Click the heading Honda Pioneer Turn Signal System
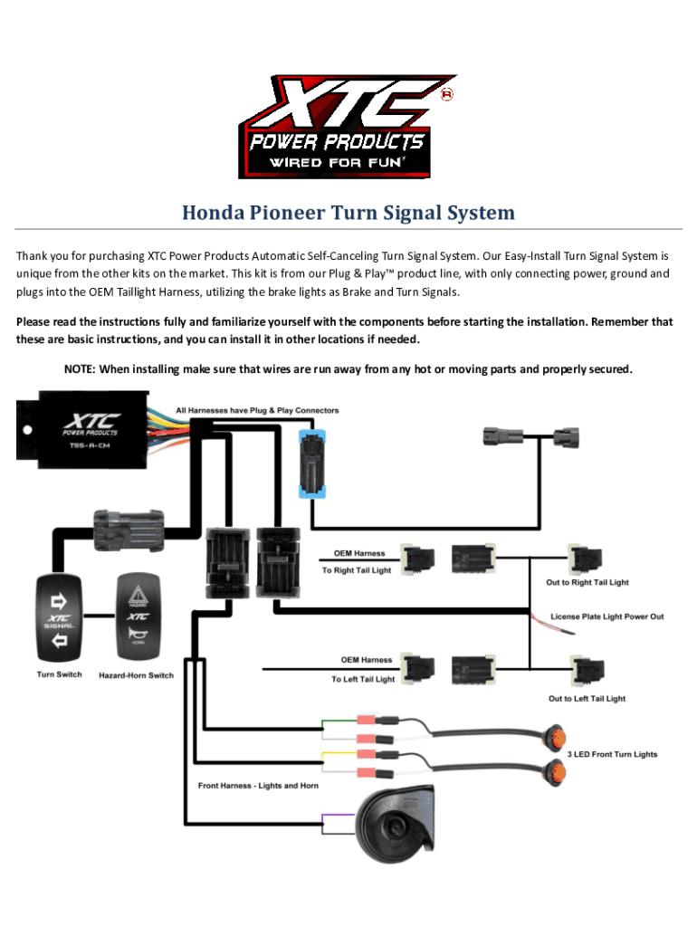348,214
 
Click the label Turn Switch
59,674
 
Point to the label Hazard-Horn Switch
136,675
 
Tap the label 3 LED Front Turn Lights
612,754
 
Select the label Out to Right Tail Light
587,582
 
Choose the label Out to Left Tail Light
587,698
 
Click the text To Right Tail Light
357,570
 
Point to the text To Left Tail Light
363,679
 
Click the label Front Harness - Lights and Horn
258,785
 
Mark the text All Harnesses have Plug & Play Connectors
257,411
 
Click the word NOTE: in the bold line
80,369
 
